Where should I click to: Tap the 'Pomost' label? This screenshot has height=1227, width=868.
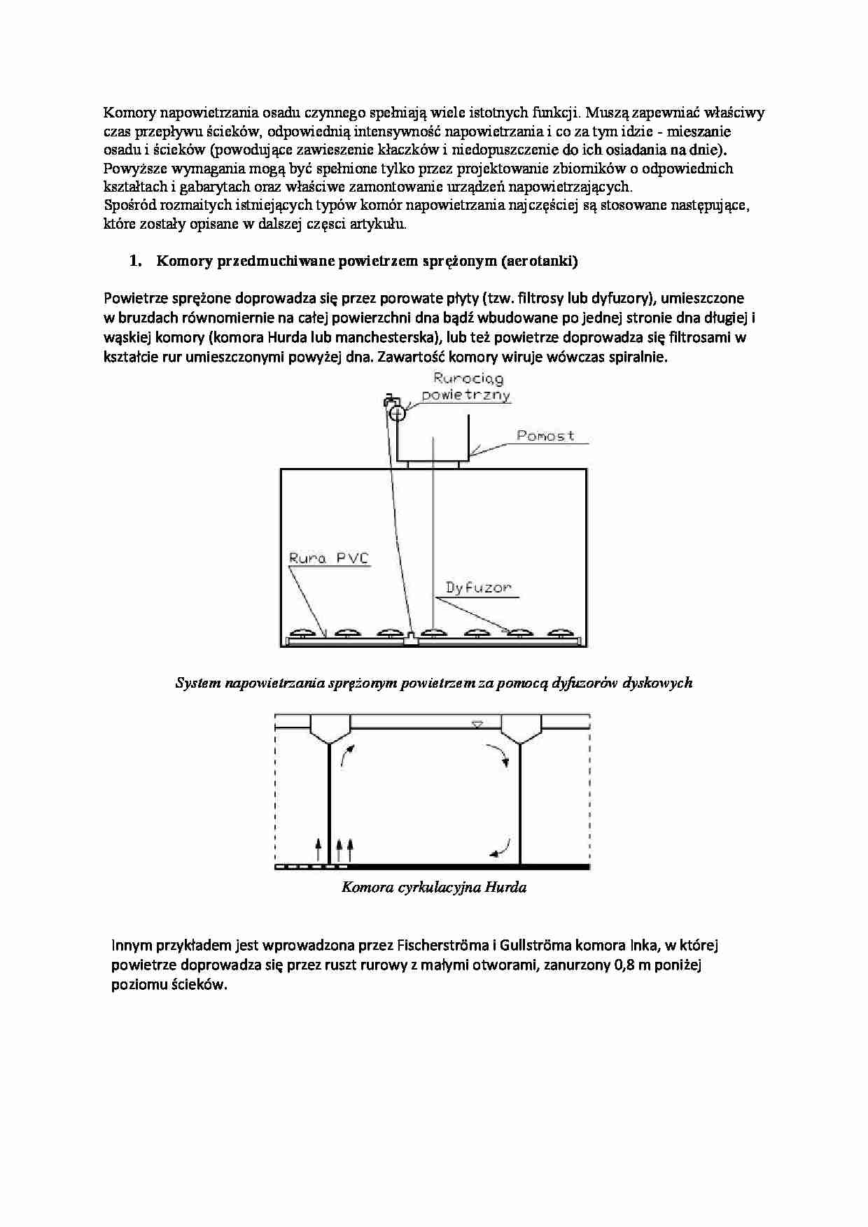pyautogui.click(x=545, y=436)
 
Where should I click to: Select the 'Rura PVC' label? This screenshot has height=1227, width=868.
pyautogui.click(x=328, y=558)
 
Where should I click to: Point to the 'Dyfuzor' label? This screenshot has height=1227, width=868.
pyautogui.click(x=479, y=587)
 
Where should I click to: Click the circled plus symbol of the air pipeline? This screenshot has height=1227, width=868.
pyautogui.click(x=397, y=413)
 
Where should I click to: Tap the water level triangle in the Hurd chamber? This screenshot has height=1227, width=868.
pyautogui.click(x=477, y=725)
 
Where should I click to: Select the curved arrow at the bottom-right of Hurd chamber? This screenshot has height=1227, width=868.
pyautogui.click(x=500, y=849)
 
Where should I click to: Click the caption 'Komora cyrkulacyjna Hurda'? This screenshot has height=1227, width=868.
pyautogui.click(x=433, y=888)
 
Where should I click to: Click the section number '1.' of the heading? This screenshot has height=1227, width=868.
pyautogui.click(x=135, y=262)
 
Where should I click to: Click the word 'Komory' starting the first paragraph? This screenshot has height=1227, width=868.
pyautogui.click(x=129, y=113)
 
